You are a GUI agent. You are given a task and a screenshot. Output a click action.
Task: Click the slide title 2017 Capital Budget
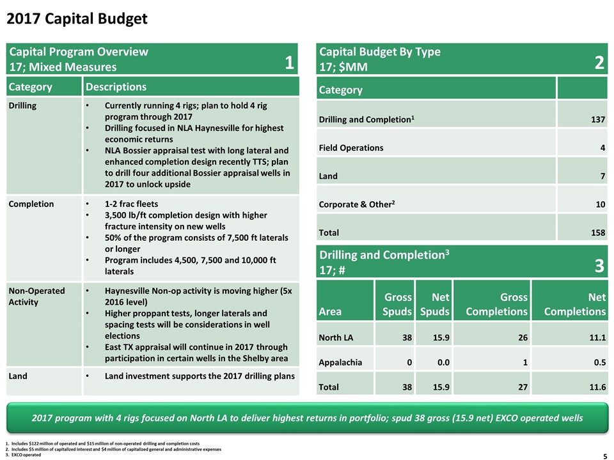77,19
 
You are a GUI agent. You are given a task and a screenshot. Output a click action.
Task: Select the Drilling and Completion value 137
598,119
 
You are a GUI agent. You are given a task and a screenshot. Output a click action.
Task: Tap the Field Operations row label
351,148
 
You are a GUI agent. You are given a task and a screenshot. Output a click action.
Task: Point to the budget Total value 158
598,233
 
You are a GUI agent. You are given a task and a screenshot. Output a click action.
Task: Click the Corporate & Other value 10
601,204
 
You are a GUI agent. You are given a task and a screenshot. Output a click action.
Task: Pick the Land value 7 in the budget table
603,176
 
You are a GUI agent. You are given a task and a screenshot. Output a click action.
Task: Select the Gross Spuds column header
397,304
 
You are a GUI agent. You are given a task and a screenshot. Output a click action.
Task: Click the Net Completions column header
575,304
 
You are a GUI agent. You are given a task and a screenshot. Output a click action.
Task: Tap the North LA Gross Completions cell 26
523,337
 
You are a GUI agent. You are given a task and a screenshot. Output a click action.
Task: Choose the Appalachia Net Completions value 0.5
599,362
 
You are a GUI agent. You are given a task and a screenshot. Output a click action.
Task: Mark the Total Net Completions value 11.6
597,387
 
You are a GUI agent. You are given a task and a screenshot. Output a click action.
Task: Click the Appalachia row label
340,363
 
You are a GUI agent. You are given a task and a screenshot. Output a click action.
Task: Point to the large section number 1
289,63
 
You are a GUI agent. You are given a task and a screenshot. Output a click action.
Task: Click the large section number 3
599,266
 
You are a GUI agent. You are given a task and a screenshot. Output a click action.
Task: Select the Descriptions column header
116,87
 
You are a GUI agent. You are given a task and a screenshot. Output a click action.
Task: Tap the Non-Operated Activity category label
37,296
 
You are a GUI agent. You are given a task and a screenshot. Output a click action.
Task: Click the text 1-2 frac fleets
131,204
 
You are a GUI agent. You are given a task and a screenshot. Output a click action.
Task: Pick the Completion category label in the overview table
31,204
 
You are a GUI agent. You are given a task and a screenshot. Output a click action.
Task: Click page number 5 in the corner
605,456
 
